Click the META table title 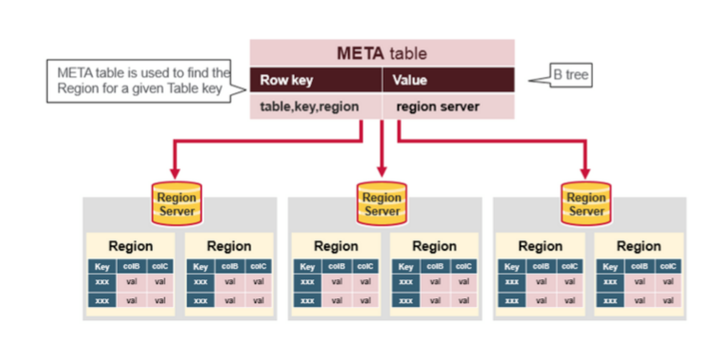[382, 53]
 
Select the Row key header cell [316, 80]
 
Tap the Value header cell [448, 80]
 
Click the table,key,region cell [316, 107]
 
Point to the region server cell [448, 107]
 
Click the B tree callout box [571, 75]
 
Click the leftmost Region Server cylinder [177, 204]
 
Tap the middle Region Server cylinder [382, 204]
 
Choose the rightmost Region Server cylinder [586, 204]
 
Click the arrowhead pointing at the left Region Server [175, 174]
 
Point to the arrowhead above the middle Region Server [382, 172]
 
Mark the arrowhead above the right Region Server [585, 174]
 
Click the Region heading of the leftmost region [131, 246]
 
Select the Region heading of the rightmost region [639, 246]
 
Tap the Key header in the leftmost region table [102, 266]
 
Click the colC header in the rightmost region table [668, 266]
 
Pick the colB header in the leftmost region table [132, 266]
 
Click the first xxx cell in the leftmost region [102, 282]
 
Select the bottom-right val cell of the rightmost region [668, 301]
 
